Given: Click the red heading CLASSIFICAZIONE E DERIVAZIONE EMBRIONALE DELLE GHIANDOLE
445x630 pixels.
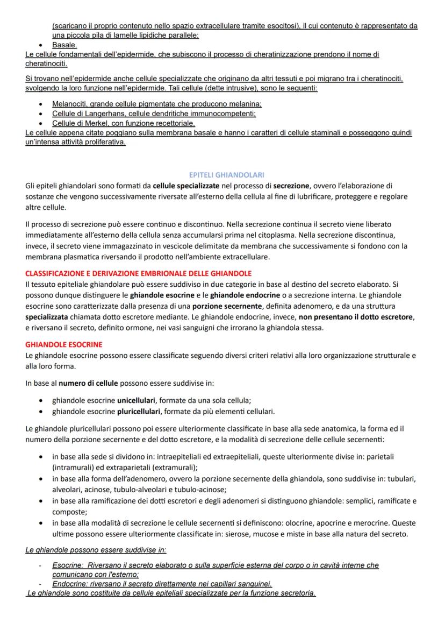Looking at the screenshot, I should pyautogui.click(x=138, y=273).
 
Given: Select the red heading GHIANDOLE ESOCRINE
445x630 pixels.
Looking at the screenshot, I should pyautogui.click(x=63, y=344).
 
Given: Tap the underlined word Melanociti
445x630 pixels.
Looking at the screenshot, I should pyautogui.click(x=69, y=103).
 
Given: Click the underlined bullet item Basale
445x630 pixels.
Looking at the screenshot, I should pyautogui.click(x=64, y=45).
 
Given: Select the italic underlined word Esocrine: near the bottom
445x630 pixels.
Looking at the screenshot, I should pyautogui.click(x=67, y=565).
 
